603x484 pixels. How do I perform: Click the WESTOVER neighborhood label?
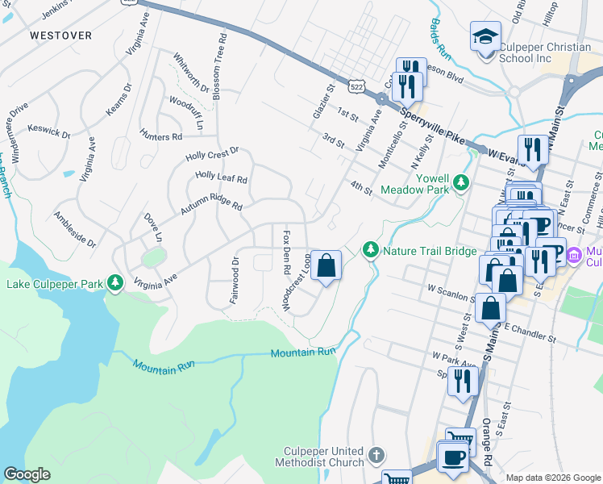click(x=60, y=35)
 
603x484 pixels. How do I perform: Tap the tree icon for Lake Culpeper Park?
click(x=116, y=282)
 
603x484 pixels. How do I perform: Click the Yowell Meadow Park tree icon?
click(x=461, y=181)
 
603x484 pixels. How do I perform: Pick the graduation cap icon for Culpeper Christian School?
click(x=485, y=36)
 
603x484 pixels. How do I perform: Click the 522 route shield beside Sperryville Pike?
click(x=356, y=84)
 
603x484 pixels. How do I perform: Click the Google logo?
click(x=27, y=474)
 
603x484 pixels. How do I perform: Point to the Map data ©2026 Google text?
click(x=553, y=478)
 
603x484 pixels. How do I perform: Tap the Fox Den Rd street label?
click(x=286, y=251)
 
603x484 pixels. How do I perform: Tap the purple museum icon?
click(x=574, y=256)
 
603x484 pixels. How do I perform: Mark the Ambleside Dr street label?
click(x=74, y=229)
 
